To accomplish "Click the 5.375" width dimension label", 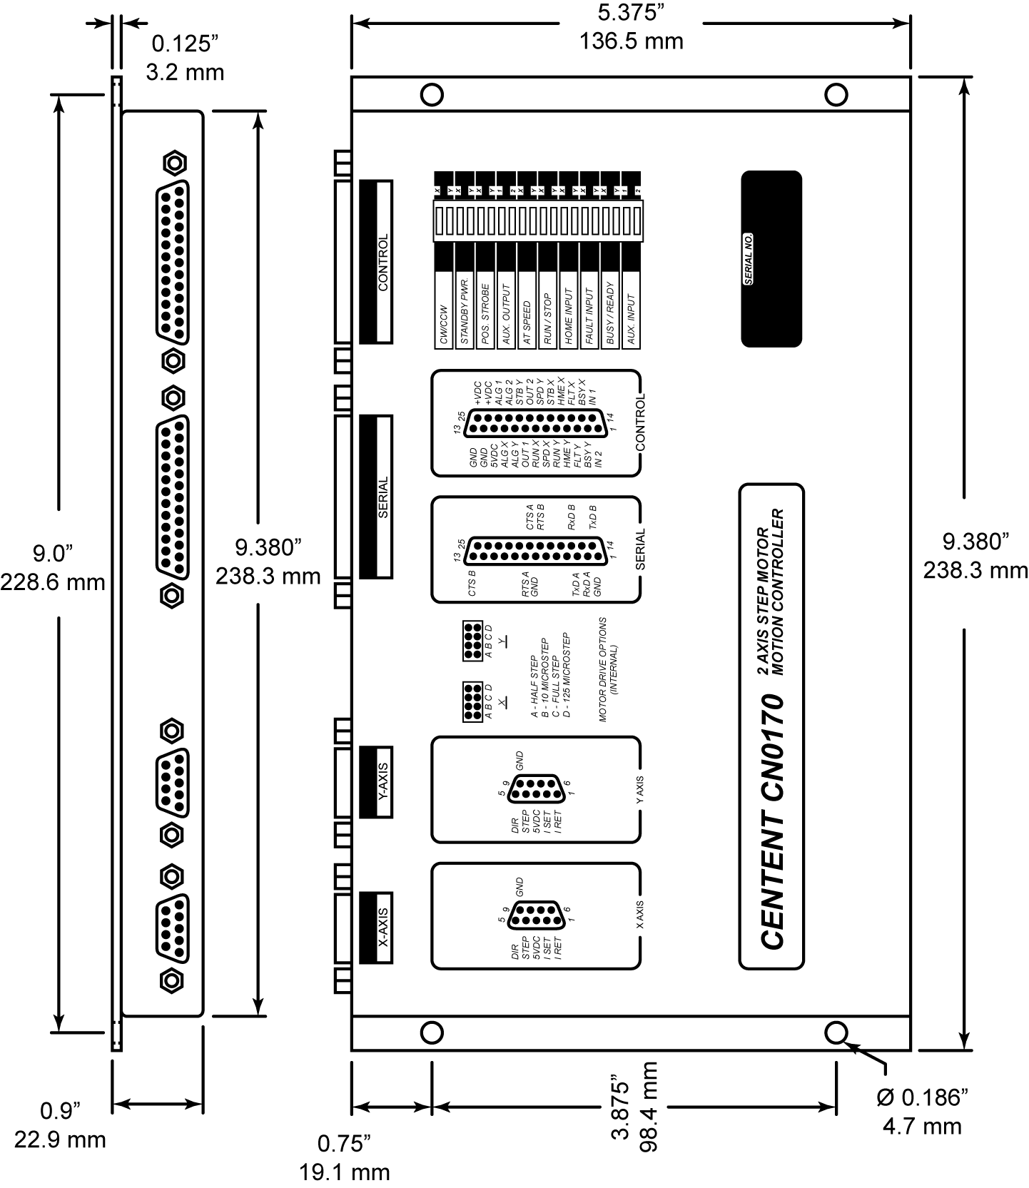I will [x=631, y=14].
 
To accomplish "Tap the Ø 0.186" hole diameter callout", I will [x=922, y=1097].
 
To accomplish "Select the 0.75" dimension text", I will [x=345, y=1144].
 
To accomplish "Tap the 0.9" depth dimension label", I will [x=60, y=1111].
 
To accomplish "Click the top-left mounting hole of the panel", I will [x=432, y=94].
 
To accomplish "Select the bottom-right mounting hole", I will [x=836, y=1032].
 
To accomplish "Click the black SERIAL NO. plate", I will [x=771, y=259].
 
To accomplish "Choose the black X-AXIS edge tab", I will [x=376, y=928].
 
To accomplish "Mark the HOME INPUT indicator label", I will [x=569, y=317].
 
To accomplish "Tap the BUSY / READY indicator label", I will [x=610, y=315].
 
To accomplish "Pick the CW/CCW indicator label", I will [x=444, y=325].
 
